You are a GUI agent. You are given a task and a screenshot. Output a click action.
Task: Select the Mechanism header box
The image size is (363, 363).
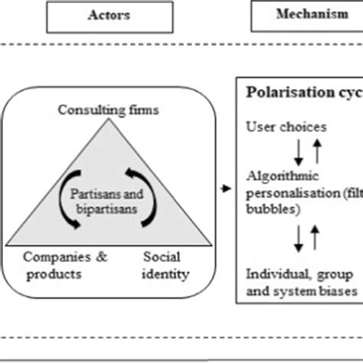[x=306, y=15]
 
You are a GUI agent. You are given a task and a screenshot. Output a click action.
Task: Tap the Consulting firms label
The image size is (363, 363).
[x=110, y=110]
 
